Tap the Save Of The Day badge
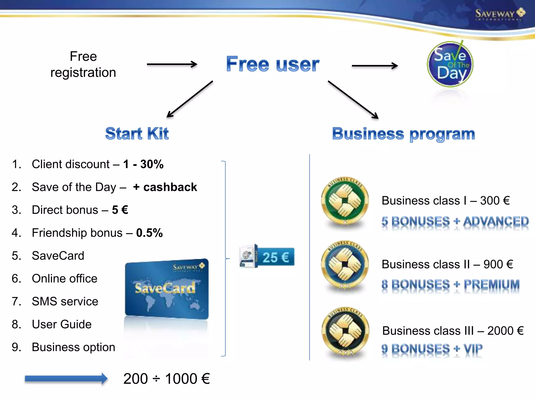(x=450, y=64)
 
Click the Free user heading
(x=272, y=64)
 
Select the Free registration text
(x=83, y=64)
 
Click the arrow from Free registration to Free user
(x=172, y=64)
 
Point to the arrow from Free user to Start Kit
(x=190, y=99)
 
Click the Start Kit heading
(x=137, y=134)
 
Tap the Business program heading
(x=403, y=134)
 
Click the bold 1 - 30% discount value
(x=143, y=164)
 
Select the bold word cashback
(x=170, y=187)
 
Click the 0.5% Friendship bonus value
(x=149, y=233)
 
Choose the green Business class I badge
(x=345, y=201)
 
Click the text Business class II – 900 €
(x=447, y=264)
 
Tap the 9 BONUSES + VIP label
(x=432, y=349)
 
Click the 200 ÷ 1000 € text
(x=166, y=379)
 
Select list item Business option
(x=73, y=347)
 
